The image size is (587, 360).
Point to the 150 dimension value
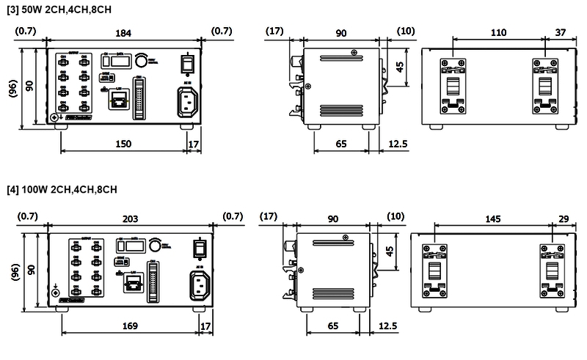pyautogui.click(x=123, y=144)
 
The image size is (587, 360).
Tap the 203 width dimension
pyautogui.click(x=131, y=216)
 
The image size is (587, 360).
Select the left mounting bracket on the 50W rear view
pyautogui.click(x=453, y=86)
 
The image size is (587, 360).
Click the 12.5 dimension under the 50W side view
pyautogui.click(x=398, y=144)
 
